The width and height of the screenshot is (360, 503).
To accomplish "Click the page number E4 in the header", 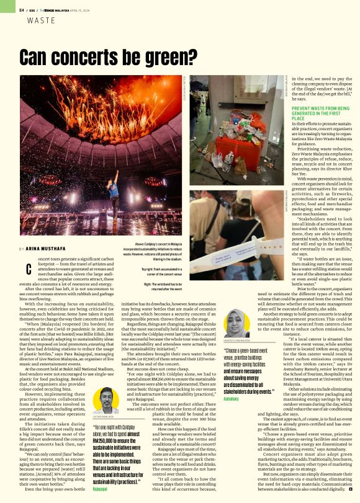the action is pos(22,10).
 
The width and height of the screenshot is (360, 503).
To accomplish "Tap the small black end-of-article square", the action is pos(350,489).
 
